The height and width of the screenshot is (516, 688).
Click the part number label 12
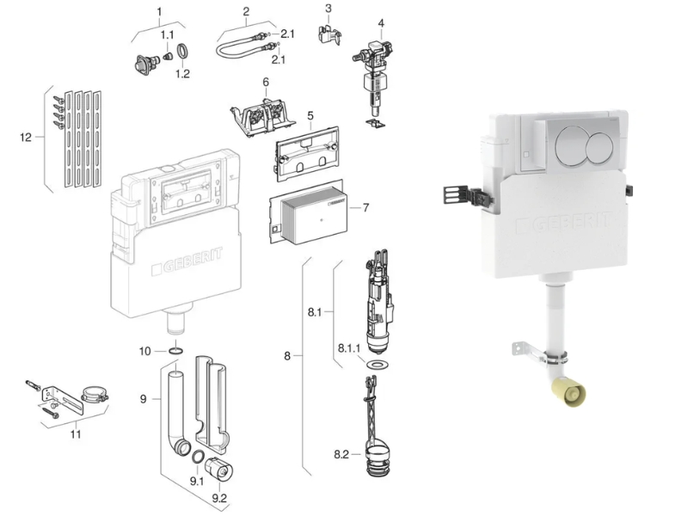click(26, 138)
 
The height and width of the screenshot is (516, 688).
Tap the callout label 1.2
click(182, 74)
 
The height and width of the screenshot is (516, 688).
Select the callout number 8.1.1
click(349, 348)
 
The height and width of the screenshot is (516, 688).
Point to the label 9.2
click(219, 499)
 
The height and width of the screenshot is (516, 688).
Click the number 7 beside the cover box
click(366, 207)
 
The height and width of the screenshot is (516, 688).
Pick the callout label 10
click(144, 351)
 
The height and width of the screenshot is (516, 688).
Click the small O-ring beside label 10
click(176, 351)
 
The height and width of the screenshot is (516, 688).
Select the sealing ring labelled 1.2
click(184, 51)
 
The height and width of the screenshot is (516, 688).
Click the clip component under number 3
click(329, 34)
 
